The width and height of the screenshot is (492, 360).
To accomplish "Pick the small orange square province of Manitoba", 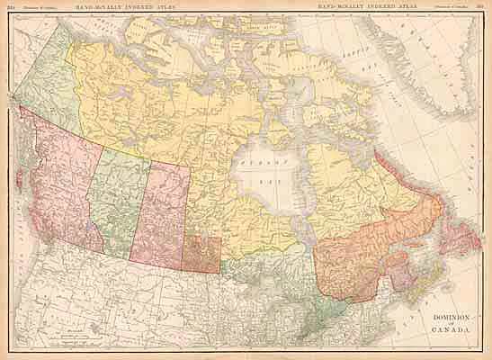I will tap(201, 254).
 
